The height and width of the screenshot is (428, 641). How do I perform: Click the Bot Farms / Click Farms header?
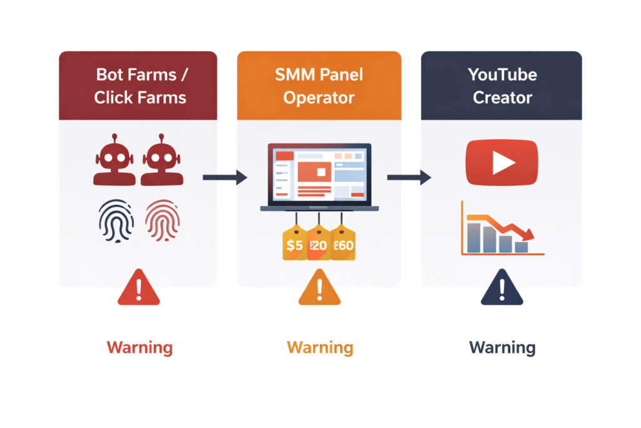click(138, 86)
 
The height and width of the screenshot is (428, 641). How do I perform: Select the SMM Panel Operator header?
click(319, 86)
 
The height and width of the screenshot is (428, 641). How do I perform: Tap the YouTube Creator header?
click(501, 86)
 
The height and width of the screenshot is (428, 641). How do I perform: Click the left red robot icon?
click(115, 160)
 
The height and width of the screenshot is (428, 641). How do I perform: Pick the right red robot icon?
click(162, 160)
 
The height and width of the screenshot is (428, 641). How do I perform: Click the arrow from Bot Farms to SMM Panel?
click(225, 178)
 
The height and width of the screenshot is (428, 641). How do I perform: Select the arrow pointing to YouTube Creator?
click(409, 178)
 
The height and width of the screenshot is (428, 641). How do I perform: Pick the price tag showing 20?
click(318, 245)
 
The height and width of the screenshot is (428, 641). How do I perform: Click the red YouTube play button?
click(501, 164)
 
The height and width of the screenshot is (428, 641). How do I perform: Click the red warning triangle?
click(139, 290)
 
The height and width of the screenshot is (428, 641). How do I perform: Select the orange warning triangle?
click(319, 290)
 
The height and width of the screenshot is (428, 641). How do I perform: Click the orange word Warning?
click(319, 347)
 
